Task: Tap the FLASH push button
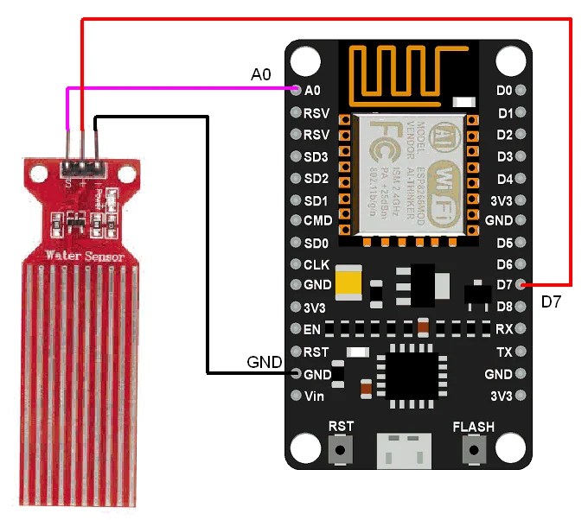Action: pos(473,450)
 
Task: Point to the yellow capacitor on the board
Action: pos(349,282)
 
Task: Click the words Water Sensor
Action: pos(85,257)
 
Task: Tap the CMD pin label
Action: pos(317,221)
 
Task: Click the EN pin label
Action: pos(313,329)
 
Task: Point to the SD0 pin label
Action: pos(316,243)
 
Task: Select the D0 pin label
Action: pos(505,91)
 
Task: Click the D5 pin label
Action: pos(505,243)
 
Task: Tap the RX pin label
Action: pos(505,329)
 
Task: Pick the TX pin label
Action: pos(505,352)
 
